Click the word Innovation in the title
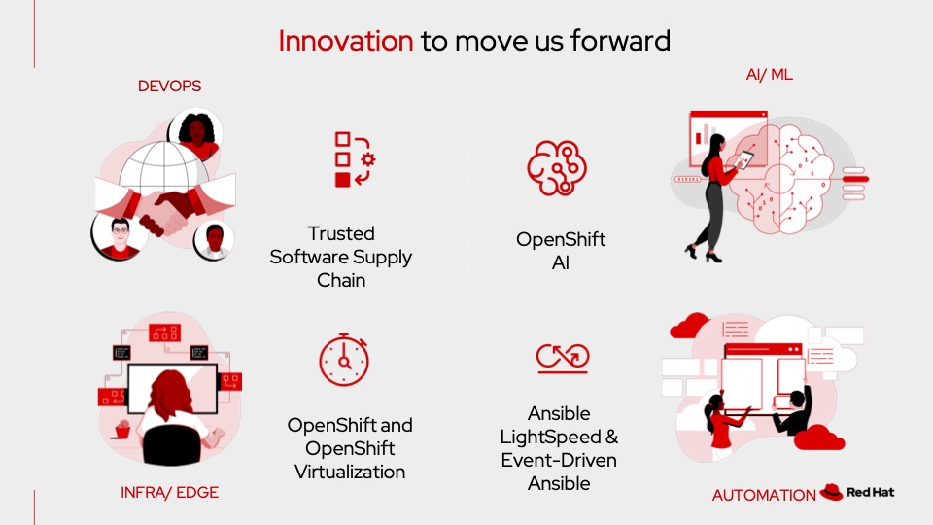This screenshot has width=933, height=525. click(x=346, y=41)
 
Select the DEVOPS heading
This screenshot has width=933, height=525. click(x=169, y=87)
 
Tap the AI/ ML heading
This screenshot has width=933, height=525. click(x=770, y=75)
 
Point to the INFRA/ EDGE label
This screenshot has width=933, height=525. click(x=169, y=492)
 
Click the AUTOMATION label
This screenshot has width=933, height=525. click(x=764, y=495)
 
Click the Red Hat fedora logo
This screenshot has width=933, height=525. click(x=831, y=492)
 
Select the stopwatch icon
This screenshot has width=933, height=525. click(x=344, y=360)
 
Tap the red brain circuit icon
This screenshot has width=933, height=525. click(x=557, y=168)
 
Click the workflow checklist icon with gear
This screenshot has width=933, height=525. click(x=355, y=159)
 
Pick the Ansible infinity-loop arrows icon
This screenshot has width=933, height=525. click(x=563, y=358)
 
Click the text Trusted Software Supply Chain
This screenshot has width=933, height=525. click(x=341, y=257)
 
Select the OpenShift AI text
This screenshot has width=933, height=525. click(x=561, y=251)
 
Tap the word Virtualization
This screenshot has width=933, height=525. click(x=350, y=472)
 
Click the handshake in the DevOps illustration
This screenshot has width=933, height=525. click(x=166, y=210)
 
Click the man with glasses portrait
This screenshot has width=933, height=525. click(x=119, y=236)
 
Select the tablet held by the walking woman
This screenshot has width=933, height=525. click(x=743, y=159)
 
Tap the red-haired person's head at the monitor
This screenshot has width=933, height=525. click(x=171, y=394)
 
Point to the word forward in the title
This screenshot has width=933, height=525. click(x=621, y=41)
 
